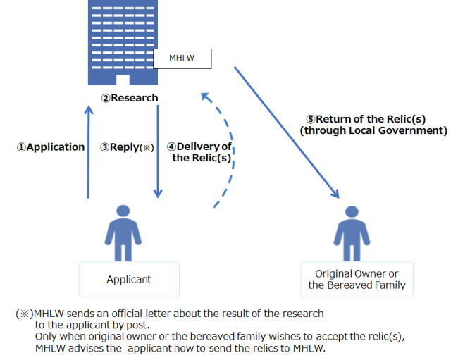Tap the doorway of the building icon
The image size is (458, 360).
click(123, 79)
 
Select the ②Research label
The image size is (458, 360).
click(135, 98)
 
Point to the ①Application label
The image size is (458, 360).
click(50, 147)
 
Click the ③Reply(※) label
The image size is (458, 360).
click(127, 147)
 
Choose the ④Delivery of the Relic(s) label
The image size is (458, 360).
click(200, 152)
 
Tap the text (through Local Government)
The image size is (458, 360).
click(373, 130)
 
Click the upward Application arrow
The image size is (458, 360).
click(88, 151)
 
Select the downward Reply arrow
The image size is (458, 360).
click(158, 151)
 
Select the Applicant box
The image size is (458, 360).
click(129, 279)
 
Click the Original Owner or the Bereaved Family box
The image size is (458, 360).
click(357, 279)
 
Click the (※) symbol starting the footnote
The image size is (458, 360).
click(23, 313)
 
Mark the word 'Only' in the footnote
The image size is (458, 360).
click(47, 337)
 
